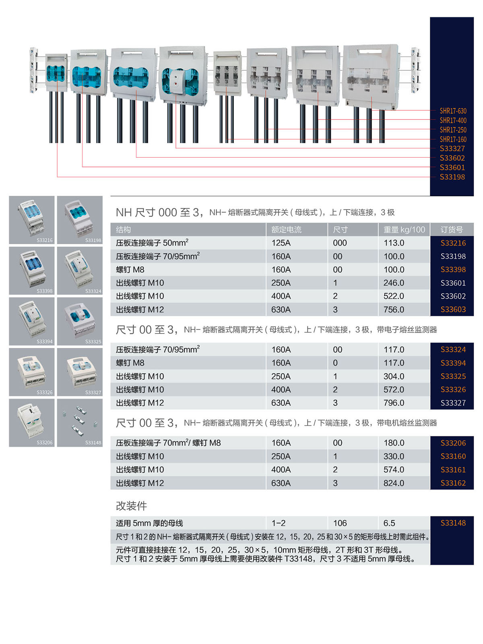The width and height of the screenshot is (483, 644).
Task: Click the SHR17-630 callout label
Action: (453, 111)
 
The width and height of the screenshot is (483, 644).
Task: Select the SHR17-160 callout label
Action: (453, 139)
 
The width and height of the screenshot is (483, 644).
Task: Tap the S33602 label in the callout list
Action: (452, 158)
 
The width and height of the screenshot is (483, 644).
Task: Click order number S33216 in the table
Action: (453, 243)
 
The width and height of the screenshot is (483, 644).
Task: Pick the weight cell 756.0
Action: (394, 309)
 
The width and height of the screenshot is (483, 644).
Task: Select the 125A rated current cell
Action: (281, 243)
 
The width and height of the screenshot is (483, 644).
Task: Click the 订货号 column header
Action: (452, 230)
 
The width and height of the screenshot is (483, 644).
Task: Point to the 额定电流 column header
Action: (286, 230)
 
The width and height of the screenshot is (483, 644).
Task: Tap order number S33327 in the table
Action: (453, 403)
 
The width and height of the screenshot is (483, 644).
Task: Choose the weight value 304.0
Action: (394, 376)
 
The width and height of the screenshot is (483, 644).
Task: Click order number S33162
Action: (453, 483)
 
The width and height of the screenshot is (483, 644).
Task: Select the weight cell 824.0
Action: (394, 483)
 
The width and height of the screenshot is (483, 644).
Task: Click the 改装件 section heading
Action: (131, 506)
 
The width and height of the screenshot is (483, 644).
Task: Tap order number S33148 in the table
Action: (453, 523)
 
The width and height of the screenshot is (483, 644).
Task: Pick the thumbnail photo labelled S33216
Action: (32, 220)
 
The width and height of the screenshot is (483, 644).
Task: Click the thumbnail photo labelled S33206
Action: (32, 422)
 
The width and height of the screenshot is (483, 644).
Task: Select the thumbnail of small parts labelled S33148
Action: (80, 422)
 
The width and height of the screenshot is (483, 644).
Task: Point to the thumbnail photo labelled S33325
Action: (80, 321)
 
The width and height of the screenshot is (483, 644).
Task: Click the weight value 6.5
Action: (389, 523)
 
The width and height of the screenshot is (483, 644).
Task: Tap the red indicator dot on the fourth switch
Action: (176, 85)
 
